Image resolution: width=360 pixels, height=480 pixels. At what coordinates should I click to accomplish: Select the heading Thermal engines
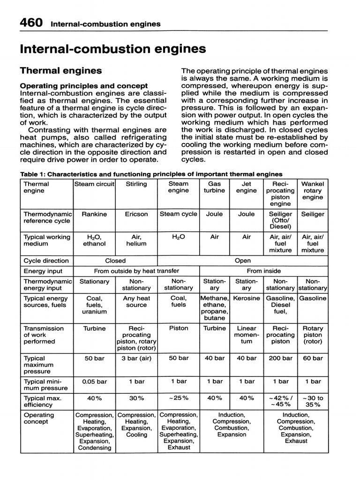pos(60,70)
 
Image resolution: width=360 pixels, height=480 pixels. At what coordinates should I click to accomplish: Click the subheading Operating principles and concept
pos(83,86)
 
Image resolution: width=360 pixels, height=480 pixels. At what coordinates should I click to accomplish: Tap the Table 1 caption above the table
pos(151,174)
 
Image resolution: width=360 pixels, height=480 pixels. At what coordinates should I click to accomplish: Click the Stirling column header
pos(136,184)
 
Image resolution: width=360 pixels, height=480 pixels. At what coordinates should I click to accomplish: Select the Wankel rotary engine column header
pos(313,191)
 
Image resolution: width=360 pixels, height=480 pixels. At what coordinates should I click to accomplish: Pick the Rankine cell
pos(94,214)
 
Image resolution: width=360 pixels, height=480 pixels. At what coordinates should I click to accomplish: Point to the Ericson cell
pos(136,214)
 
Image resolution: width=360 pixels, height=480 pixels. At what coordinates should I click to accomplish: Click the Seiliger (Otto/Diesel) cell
pos(280,220)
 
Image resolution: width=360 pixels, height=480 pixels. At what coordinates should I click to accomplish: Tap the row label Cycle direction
pos(46,261)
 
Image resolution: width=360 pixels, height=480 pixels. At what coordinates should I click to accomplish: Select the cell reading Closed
pos(115,261)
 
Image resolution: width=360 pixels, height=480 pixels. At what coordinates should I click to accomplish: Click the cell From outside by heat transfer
pos(136,271)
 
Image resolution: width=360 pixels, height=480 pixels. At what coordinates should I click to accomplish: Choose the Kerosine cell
pos(247,298)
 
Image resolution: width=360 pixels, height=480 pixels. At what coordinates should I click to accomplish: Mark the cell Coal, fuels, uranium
pos(94,305)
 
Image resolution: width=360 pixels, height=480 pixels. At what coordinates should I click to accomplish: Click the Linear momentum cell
pos(247,335)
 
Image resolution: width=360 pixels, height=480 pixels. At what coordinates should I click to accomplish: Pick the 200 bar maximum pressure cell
pos(280,358)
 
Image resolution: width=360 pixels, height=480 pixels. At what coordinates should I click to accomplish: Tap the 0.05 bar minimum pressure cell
pos(94,382)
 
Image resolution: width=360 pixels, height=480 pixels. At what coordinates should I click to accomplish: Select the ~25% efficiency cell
pos(178,398)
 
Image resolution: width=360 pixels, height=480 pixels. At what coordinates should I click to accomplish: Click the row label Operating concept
pos(39,418)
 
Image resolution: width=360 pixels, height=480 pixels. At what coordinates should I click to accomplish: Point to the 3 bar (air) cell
pos(136,358)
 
